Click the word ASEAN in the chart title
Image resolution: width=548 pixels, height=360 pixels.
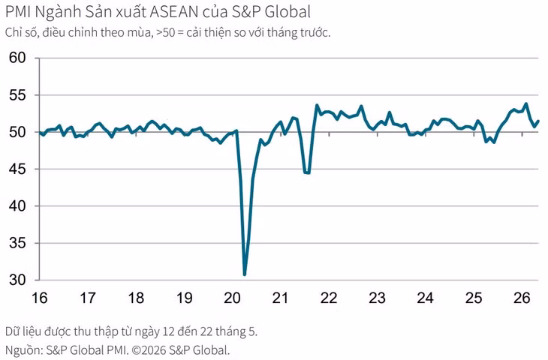point(174,12)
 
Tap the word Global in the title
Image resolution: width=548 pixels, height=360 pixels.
point(288,12)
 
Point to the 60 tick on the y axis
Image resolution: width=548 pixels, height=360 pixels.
point(17,58)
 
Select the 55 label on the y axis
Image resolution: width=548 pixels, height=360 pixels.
point(17,95)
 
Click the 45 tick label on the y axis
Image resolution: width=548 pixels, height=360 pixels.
point(17,169)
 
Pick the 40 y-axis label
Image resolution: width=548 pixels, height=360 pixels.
point(17,206)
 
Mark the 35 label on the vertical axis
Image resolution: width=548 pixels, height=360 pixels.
point(17,243)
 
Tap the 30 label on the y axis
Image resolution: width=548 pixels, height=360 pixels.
point(17,280)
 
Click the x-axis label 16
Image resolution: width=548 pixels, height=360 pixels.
point(40,298)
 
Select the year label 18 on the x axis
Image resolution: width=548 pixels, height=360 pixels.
point(136,298)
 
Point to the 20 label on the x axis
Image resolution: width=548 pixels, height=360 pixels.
point(233,298)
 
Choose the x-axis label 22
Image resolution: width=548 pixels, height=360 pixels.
point(329,298)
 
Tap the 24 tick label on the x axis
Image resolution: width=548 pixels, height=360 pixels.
point(426,298)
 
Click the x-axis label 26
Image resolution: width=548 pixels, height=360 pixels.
point(522,298)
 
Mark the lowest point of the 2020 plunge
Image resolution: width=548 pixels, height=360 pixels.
point(245,274)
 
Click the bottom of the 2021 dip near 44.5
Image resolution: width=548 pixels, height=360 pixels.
point(307,172)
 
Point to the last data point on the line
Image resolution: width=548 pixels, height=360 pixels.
point(537,121)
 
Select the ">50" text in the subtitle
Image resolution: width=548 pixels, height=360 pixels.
point(165,33)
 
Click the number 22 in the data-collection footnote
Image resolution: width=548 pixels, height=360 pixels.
point(206,331)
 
